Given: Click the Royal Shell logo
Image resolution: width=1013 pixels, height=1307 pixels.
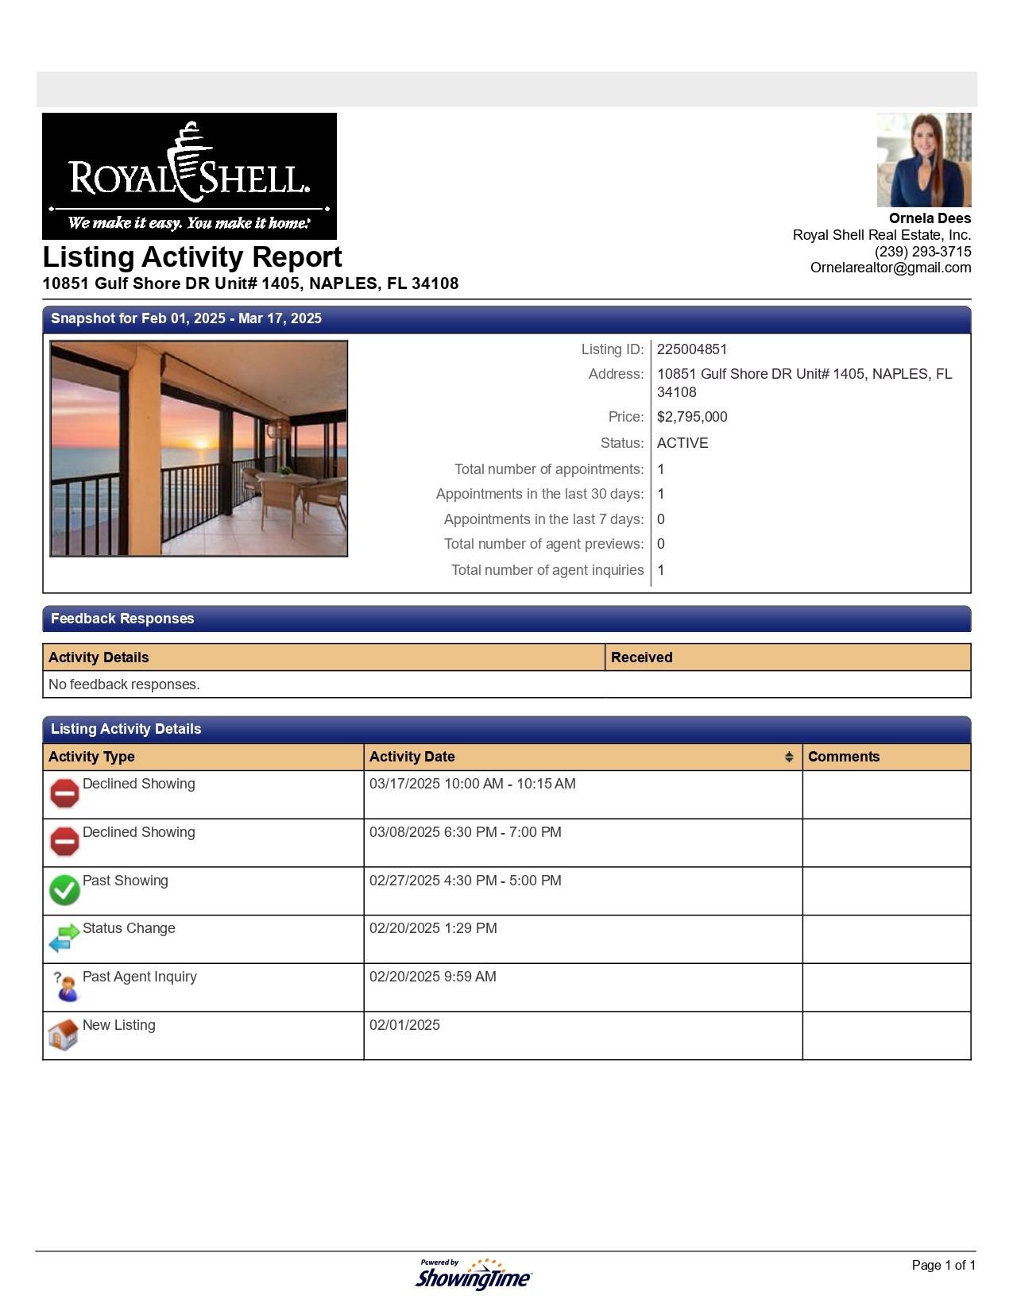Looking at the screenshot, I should pos(189,175).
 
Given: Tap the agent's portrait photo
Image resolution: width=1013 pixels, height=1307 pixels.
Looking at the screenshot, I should pos(923,160).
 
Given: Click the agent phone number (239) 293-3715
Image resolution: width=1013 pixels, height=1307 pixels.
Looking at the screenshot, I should pos(922,252).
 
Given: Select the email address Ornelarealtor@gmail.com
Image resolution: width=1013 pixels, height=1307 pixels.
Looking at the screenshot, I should pos(890,268).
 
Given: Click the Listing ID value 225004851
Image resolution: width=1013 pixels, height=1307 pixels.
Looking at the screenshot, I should pos(691,349).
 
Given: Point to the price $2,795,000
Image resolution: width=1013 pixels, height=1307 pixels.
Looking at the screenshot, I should pos(691,417).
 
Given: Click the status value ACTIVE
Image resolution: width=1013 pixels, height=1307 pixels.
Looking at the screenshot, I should pos(682,443).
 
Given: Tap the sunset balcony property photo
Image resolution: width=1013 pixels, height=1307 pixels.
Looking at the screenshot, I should pos(199,449).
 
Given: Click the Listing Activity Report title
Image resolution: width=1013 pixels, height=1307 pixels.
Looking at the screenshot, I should pos(192,257).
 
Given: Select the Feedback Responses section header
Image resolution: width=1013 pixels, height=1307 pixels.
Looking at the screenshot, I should pos(122,619).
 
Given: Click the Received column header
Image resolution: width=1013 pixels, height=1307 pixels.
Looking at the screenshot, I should pos(641,657).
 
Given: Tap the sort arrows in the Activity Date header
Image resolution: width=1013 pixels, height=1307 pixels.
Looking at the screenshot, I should pos(788,757).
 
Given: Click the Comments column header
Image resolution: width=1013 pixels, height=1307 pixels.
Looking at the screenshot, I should pos(843,757).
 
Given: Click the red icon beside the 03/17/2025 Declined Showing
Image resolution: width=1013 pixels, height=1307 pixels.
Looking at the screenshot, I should pos(64,793).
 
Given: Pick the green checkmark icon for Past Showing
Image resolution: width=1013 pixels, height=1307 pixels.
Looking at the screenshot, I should pos(64,890).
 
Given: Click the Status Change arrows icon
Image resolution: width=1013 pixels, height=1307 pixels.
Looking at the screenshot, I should pos(64,938).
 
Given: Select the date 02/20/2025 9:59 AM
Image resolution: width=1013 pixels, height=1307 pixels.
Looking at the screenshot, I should pos(432,977).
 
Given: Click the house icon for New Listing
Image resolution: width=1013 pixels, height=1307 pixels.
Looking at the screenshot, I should pos(64,1035).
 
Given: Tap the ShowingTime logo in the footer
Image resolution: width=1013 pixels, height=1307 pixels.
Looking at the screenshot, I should pos(474,1274).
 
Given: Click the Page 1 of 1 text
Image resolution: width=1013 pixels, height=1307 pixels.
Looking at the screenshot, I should pos(943,1265).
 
